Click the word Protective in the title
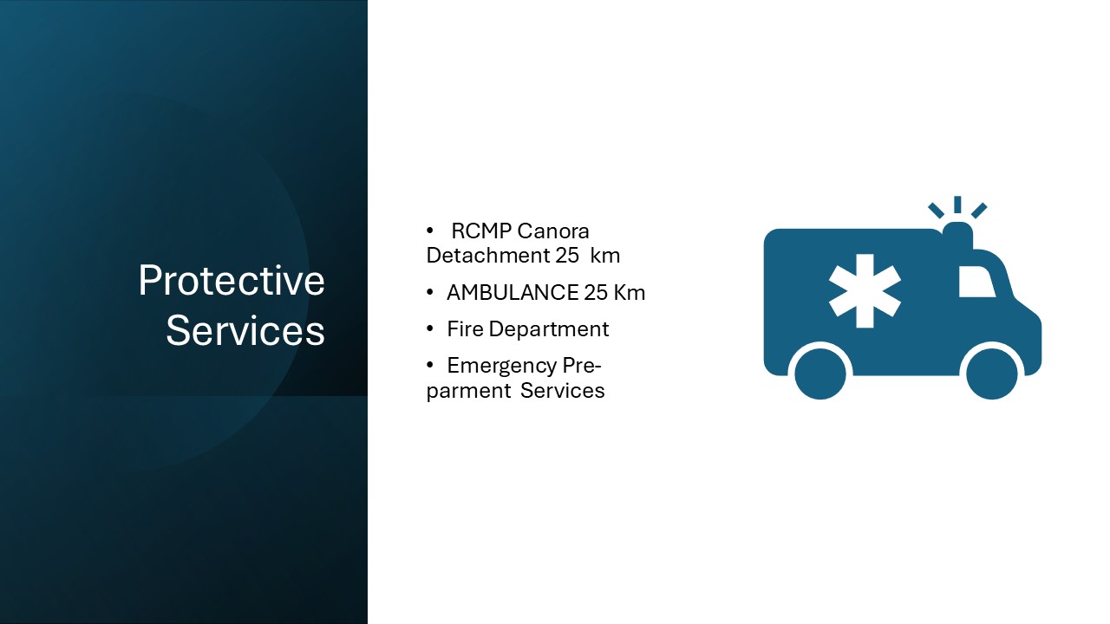click(232, 280)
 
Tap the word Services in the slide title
click(245, 330)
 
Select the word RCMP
click(481, 231)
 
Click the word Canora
click(553, 231)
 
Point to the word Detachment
click(488, 256)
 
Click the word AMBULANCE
click(513, 293)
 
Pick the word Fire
click(465, 329)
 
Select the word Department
click(549, 330)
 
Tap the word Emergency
click(502, 367)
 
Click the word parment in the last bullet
click(468, 391)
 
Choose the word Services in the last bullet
click(563, 391)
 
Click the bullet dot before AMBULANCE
click(429, 292)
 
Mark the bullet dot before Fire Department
click(429, 328)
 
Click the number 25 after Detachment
click(567, 256)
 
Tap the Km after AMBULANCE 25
click(630, 293)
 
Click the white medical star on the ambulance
click(865, 291)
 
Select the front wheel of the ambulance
click(991, 374)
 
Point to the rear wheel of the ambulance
click(820, 374)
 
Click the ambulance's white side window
click(976, 282)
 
